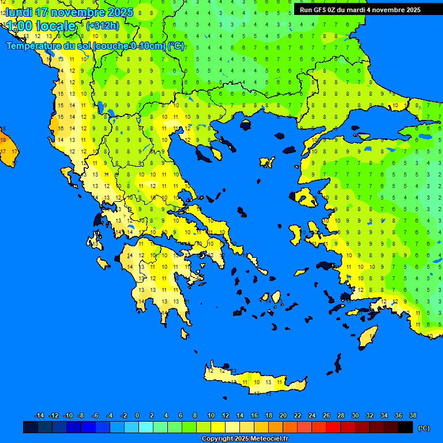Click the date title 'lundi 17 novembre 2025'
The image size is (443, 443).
click(69, 12)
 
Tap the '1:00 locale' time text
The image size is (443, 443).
click(40, 26)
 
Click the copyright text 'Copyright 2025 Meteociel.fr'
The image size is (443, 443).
click(245, 438)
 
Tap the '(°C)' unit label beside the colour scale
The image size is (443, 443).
click(423, 427)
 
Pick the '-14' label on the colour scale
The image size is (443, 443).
click(39, 415)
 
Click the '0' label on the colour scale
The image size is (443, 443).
click(137, 415)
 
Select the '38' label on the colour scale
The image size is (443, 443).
click(412, 415)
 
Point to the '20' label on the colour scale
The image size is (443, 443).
click(283, 415)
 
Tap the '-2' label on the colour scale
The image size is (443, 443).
click(123, 415)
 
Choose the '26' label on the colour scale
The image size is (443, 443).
click(326, 415)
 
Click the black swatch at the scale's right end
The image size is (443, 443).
click(406, 427)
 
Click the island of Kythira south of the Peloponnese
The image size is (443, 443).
click(185, 334)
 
